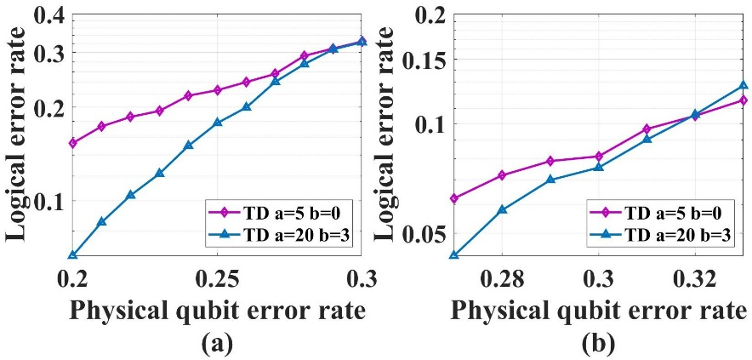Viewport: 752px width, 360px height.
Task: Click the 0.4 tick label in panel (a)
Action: coord(48,16)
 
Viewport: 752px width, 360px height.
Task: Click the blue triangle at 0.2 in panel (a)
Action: coord(72,254)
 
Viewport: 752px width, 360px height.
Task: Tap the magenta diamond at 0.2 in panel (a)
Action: coord(72,143)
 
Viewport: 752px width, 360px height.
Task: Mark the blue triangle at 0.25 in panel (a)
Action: coord(217,123)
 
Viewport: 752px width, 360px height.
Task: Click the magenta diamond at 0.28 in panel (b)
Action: coord(502,175)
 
